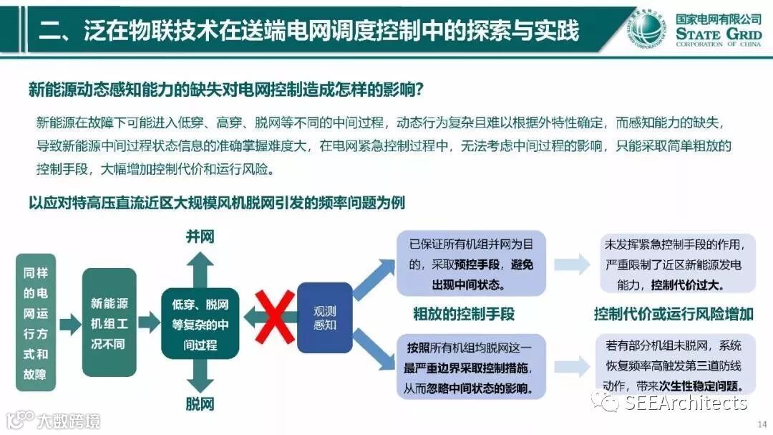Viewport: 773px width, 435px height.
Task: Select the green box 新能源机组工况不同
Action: [109, 322]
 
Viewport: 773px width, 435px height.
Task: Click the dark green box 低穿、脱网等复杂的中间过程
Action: [200, 324]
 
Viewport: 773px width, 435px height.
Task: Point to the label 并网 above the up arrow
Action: [200, 236]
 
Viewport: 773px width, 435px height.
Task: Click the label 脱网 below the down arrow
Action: [200, 403]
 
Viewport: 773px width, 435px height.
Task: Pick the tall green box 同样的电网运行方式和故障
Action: [36, 322]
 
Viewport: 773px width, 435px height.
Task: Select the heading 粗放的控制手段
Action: [463, 314]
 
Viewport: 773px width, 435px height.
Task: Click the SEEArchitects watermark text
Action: [684, 403]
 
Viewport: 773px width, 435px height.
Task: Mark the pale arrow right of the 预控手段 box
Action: [572, 264]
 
